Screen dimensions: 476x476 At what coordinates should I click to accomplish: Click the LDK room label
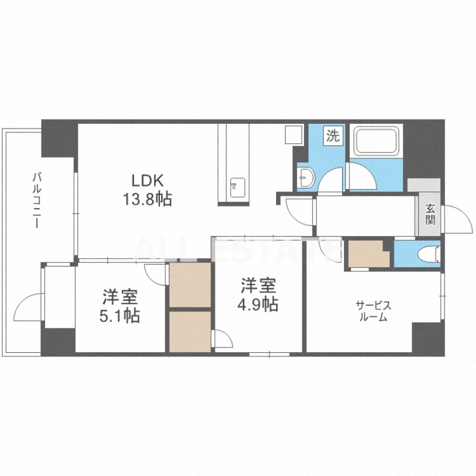147,181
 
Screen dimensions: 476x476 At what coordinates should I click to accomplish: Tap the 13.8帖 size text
147,199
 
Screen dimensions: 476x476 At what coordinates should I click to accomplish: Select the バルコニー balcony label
37,200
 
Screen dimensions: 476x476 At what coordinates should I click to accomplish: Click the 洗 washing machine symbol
333,136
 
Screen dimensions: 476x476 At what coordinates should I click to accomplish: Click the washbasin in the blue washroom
305,177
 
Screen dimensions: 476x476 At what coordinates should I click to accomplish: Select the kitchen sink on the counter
237,187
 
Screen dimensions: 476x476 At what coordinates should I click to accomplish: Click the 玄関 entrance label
430,214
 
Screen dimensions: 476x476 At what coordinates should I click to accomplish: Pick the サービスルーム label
373,311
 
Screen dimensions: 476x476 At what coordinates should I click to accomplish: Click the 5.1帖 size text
120,317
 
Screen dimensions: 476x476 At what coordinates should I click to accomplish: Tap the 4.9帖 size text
258,304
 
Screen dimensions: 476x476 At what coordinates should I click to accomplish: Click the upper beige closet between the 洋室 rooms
190,285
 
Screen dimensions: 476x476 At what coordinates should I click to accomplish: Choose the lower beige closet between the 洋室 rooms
190,332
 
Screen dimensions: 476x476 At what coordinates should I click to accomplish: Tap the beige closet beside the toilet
368,254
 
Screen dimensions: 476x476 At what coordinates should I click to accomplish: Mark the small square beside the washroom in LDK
293,134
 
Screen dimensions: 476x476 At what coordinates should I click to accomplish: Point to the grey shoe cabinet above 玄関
424,185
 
